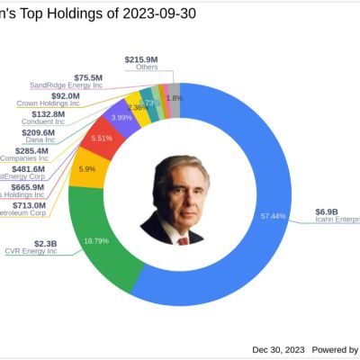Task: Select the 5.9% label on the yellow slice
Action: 88,168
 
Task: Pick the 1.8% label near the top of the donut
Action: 175,97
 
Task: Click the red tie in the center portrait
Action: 183,240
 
